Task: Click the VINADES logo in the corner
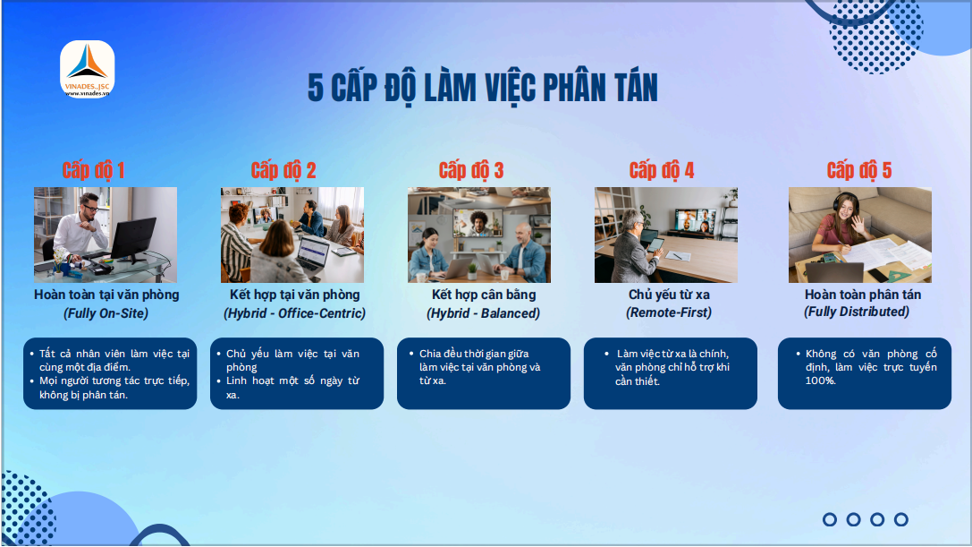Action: coord(88,69)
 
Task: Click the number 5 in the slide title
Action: coord(316,88)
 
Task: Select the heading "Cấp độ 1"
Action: coord(94,170)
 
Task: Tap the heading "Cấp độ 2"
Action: coord(283,170)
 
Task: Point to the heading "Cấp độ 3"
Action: coord(471,170)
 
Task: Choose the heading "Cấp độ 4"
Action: coord(662,170)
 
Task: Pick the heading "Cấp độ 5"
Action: coord(859,170)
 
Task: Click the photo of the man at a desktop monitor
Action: coord(106,235)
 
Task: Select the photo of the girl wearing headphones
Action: coord(860,235)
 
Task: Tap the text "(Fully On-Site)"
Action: coord(106,313)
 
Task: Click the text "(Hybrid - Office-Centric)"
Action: coord(294,313)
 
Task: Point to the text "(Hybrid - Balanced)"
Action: coord(484,313)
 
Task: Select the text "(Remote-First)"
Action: coord(669,312)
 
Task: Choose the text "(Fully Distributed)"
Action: coord(857,312)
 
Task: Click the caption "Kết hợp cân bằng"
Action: coord(484,295)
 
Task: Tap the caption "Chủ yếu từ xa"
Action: coord(670,295)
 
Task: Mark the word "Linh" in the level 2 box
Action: coord(236,380)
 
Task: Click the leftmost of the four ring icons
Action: coord(830,519)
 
